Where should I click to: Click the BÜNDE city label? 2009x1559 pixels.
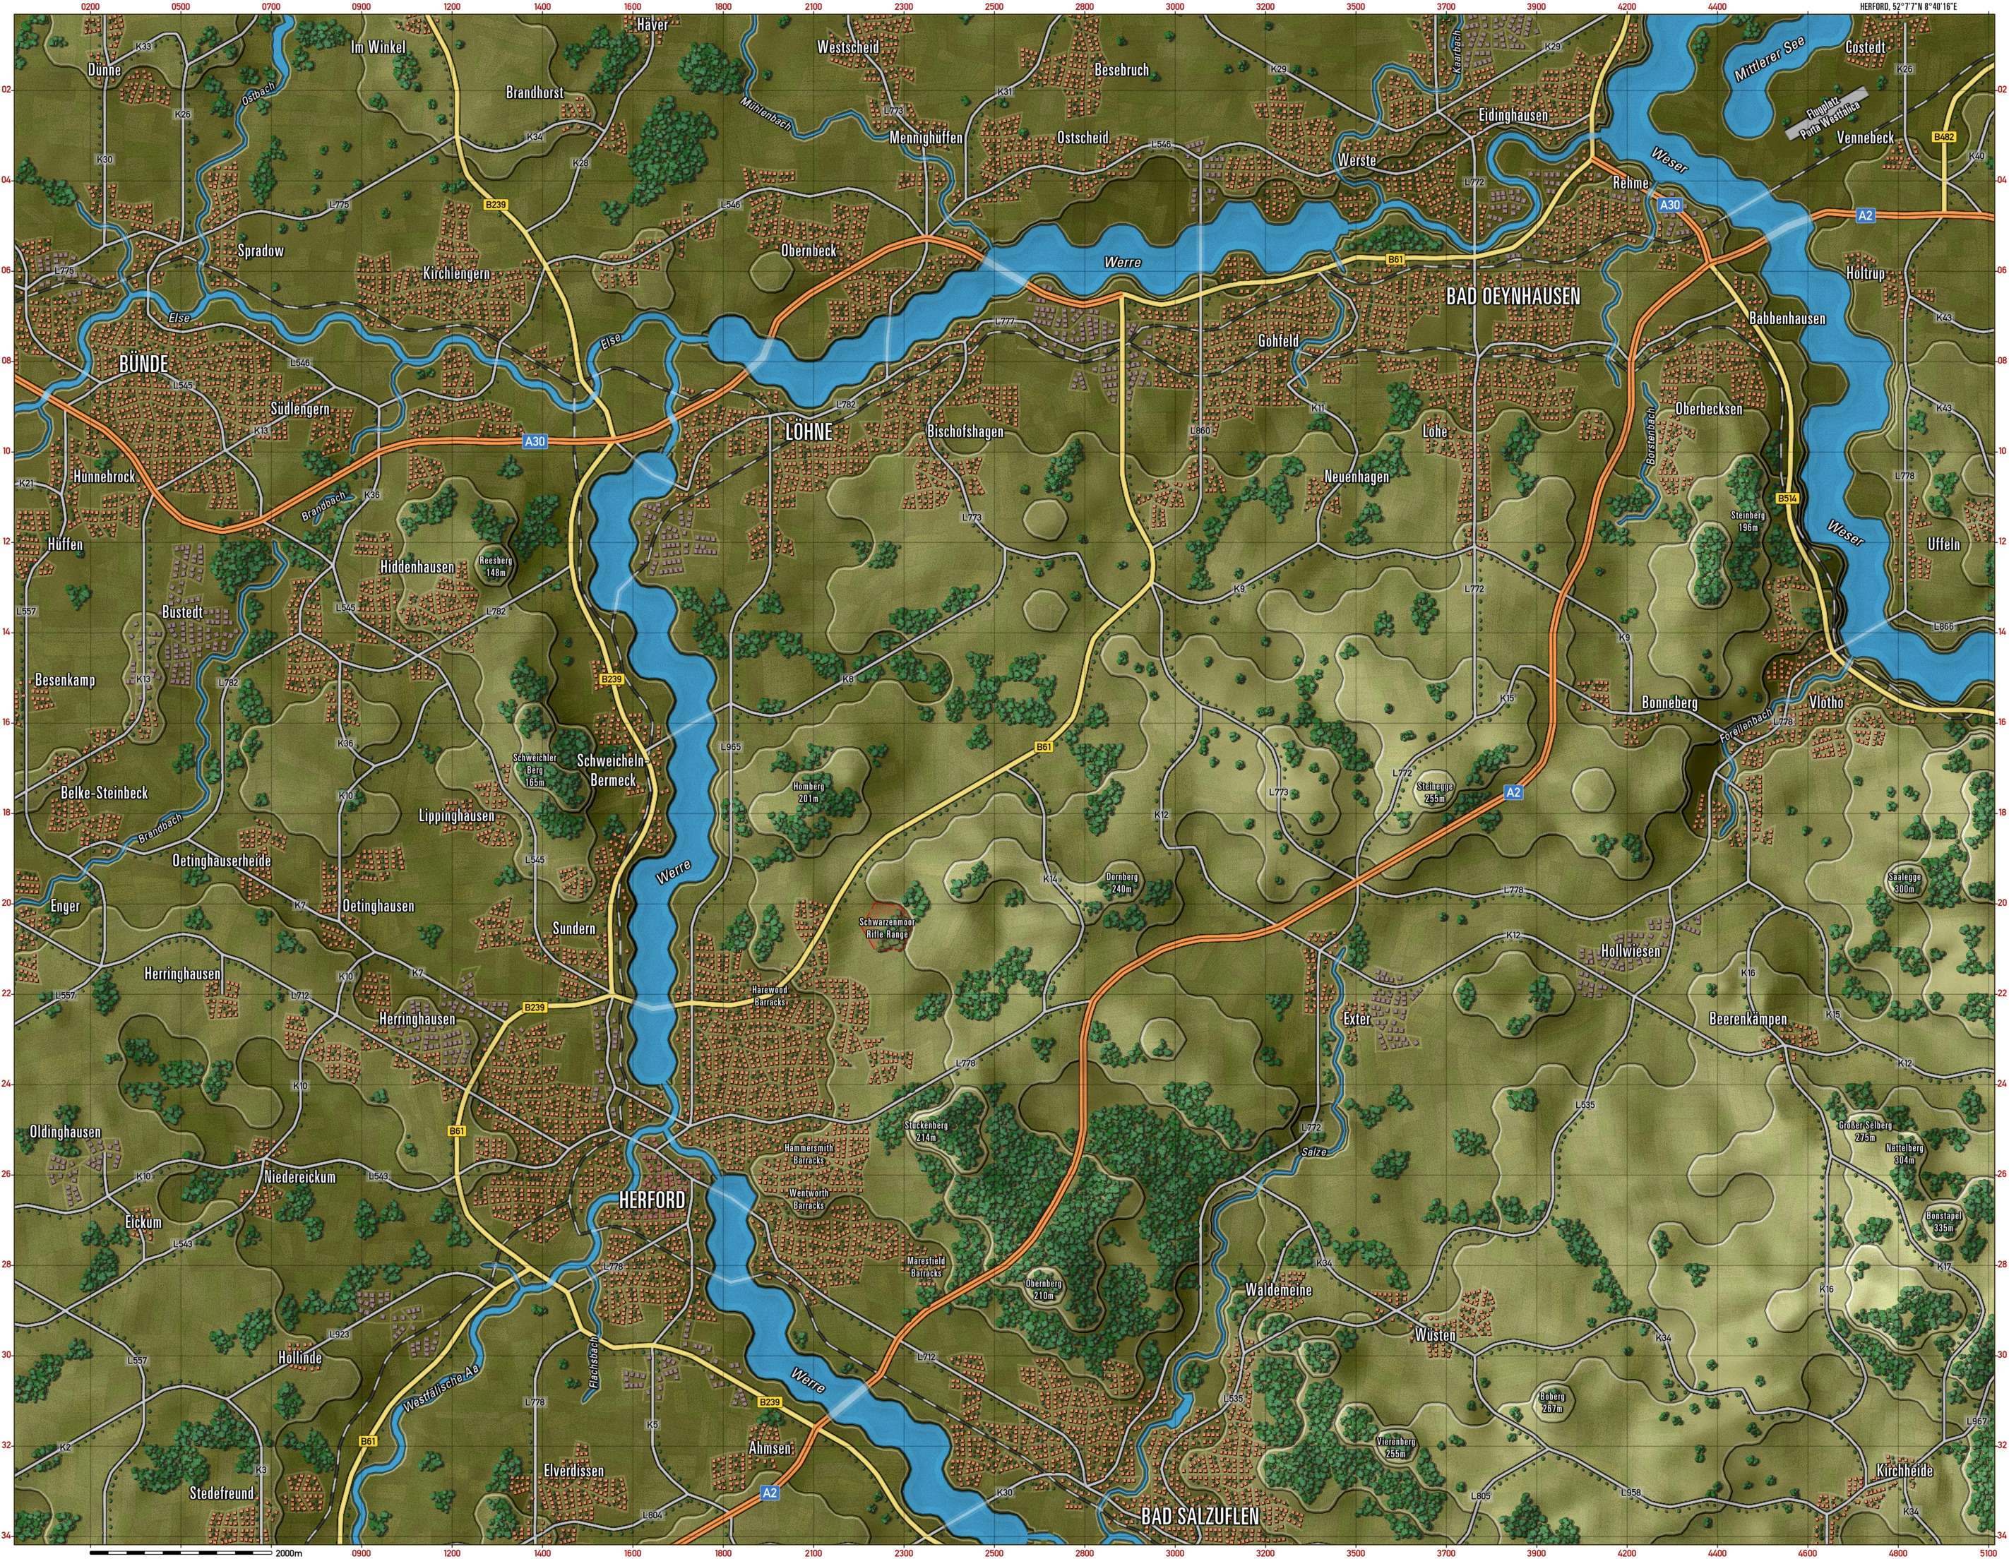(143, 364)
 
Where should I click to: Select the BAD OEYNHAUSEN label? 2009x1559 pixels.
(1513, 296)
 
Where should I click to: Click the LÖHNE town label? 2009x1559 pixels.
(808, 432)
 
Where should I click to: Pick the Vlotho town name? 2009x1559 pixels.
(1826, 702)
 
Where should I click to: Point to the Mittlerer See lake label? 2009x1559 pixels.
(1770, 64)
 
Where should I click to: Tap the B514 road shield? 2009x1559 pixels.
(1787, 498)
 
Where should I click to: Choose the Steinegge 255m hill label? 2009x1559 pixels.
(1436, 792)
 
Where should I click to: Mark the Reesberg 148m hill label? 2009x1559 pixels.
(496, 566)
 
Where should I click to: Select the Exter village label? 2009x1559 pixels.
(1356, 1019)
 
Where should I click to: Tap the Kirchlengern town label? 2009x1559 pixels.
(456, 274)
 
